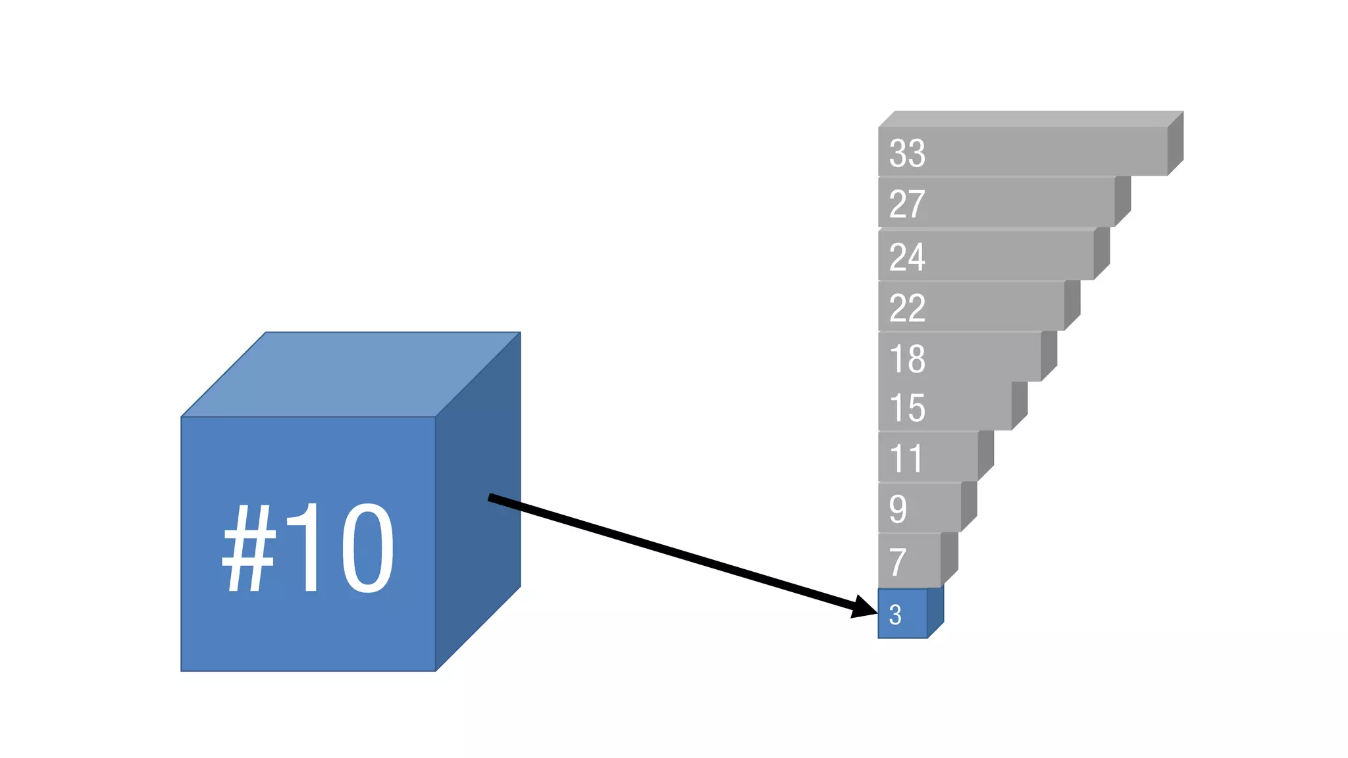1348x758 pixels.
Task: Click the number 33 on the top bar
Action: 907,153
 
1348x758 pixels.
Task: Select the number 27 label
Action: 907,204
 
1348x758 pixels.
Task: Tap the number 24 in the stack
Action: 907,257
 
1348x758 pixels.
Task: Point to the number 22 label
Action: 907,308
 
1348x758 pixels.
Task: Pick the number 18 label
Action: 907,359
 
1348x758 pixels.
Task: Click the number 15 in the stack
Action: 907,408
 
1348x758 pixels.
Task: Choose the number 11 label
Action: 906,459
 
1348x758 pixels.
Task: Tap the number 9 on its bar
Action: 898,509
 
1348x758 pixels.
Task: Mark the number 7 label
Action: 898,561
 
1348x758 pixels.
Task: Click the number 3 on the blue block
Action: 895,615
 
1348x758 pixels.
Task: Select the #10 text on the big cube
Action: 308,548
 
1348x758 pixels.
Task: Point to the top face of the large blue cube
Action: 351,374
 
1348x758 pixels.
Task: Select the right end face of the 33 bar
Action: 1176,143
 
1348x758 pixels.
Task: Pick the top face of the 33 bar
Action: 1031,119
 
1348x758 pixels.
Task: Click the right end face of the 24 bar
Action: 1102,253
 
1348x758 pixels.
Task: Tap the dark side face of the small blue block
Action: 935,612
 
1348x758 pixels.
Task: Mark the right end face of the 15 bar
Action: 1020,405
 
